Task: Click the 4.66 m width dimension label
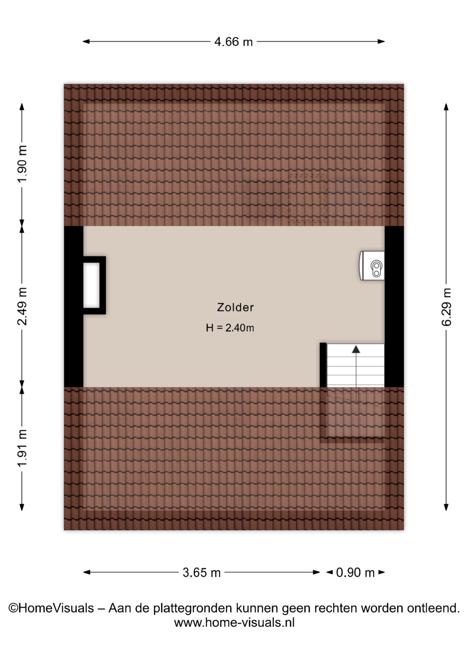click(x=233, y=42)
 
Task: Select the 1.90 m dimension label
click(x=22, y=165)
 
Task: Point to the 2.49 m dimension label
click(x=22, y=306)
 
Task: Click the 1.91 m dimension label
click(x=22, y=448)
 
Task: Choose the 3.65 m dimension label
click(x=202, y=573)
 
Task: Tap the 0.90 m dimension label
click(x=355, y=573)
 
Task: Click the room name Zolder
click(x=235, y=307)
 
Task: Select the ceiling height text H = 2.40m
click(x=230, y=328)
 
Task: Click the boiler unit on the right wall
click(x=372, y=265)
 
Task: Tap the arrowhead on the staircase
click(x=356, y=349)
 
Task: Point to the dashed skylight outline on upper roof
click(x=307, y=198)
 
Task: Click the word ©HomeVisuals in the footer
click(x=51, y=608)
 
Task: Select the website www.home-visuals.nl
click(x=234, y=622)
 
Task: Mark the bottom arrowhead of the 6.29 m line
click(x=446, y=507)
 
